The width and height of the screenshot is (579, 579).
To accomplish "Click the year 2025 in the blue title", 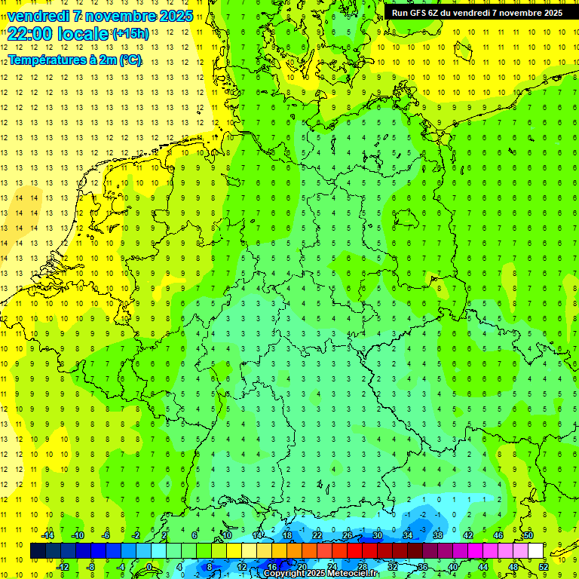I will (173, 16).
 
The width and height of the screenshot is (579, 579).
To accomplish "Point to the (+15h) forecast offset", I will (130, 34).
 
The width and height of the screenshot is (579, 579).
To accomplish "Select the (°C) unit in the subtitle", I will (129, 60).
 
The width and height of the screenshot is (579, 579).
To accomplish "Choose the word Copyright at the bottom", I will (285, 574).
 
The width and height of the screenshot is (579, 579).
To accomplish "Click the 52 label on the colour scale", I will (544, 566).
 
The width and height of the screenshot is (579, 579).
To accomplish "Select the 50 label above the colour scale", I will (528, 535).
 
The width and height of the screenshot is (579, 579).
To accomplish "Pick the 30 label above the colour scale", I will (378, 535).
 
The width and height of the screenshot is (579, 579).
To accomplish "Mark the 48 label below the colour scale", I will (513, 566).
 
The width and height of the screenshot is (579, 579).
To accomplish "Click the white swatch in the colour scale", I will (535, 551).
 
